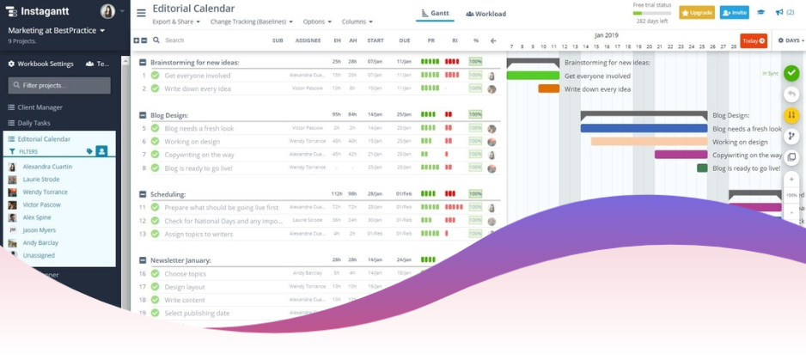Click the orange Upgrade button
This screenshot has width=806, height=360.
(697, 13)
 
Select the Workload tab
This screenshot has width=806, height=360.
(485, 14)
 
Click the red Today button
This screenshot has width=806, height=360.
(753, 40)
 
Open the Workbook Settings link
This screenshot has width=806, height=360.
(40, 64)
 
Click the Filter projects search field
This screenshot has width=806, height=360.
(59, 85)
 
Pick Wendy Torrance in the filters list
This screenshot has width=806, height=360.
(45, 192)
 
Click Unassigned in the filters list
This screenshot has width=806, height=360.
(39, 255)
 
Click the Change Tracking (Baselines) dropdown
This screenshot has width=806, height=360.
(251, 21)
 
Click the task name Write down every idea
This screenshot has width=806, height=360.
(198, 88)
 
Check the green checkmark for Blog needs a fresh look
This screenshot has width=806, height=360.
(155, 128)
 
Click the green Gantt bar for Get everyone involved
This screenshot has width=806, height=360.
(533, 76)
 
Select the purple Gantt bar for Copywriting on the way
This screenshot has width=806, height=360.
(681, 155)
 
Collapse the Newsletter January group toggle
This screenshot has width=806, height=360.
(143, 260)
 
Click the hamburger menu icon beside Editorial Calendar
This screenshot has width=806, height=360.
(141, 13)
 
